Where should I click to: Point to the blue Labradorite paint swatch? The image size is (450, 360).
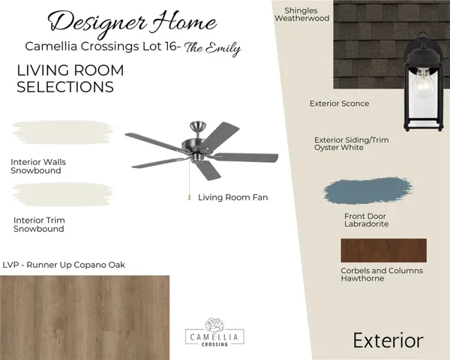click(x=367, y=192)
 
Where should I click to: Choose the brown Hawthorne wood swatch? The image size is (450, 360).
click(x=383, y=250)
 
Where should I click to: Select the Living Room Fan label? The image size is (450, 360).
click(x=232, y=198)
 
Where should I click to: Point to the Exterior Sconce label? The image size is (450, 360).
click(x=339, y=103)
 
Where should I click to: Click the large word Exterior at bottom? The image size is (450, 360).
click(x=388, y=340)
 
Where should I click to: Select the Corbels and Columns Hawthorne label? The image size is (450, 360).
click(x=382, y=274)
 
